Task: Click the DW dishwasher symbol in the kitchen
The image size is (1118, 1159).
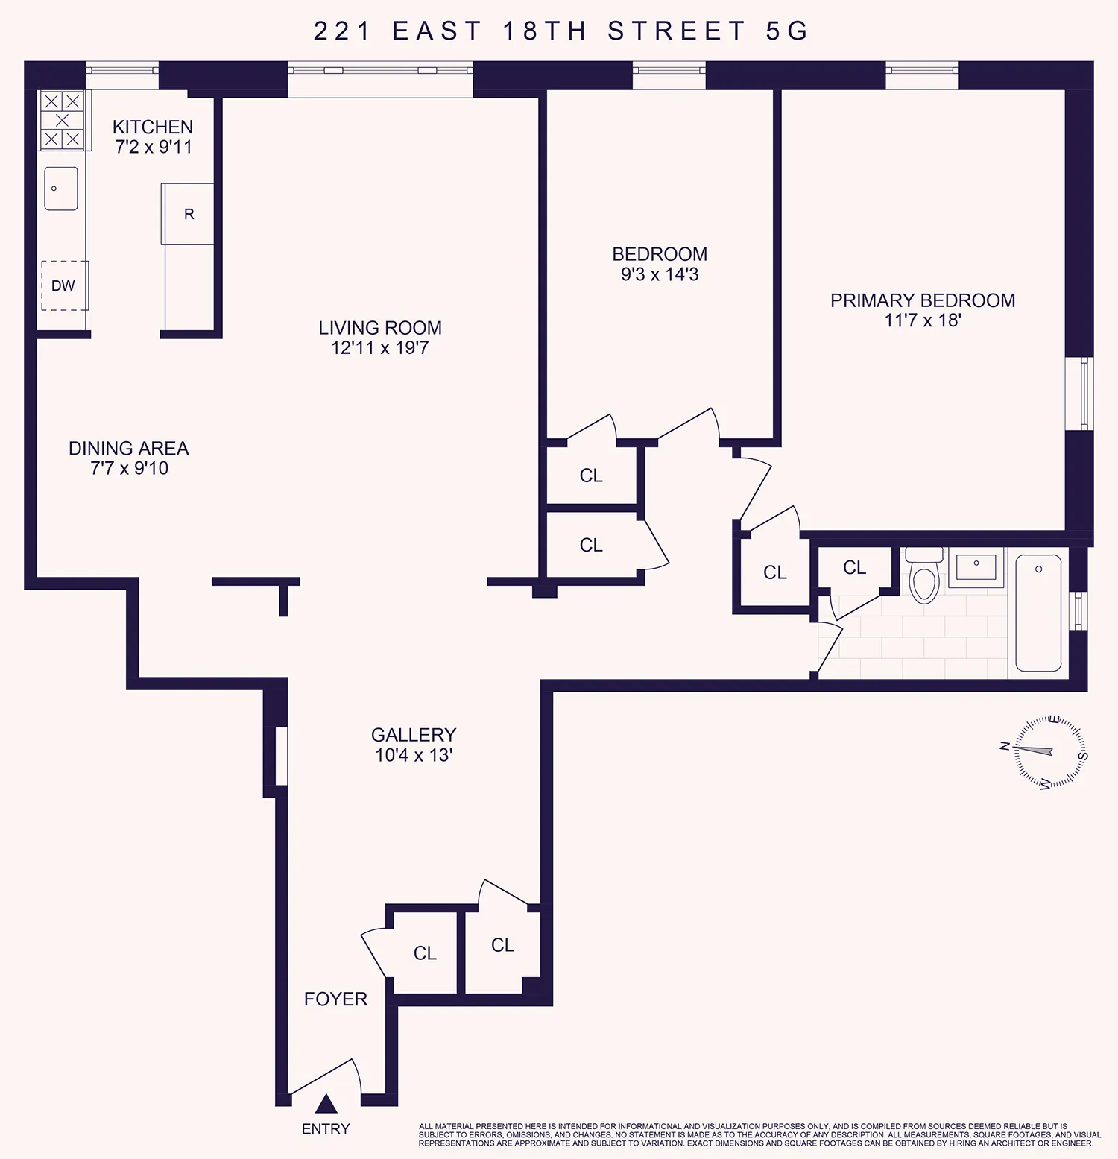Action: (x=64, y=285)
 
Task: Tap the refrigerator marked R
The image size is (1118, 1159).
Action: (x=189, y=214)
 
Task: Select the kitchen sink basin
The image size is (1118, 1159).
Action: (x=61, y=189)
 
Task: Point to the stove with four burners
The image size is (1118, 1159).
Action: (x=62, y=120)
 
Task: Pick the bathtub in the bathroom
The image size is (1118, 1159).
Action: (x=1038, y=613)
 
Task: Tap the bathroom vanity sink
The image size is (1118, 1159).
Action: (x=976, y=567)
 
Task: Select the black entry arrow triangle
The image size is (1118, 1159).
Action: (x=326, y=1104)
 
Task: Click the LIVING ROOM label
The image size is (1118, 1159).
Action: (x=380, y=328)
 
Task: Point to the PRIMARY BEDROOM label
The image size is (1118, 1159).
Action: (x=923, y=300)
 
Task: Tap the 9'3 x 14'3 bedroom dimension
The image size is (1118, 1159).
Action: (x=660, y=274)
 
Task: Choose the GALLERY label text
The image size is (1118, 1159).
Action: (x=414, y=735)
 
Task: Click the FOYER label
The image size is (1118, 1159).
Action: (x=335, y=999)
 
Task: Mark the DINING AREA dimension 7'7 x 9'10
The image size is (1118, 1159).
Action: (x=129, y=468)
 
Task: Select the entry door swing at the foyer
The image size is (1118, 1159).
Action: (x=328, y=1077)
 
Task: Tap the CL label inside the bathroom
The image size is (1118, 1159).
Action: (x=854, y=568)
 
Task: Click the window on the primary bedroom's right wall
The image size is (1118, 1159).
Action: (x=1084, y=394)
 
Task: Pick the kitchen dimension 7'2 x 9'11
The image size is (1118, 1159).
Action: (x=154, y=147)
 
